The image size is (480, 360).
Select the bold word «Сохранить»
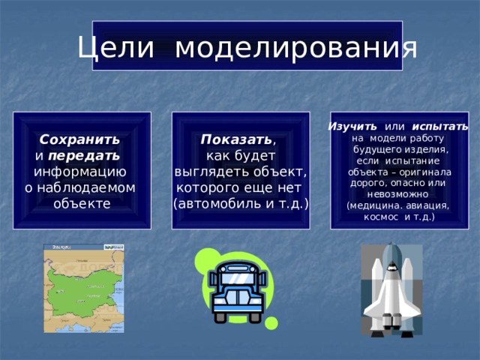point(79,140)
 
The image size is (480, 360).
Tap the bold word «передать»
point(83,156)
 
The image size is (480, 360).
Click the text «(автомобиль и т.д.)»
point(241,204)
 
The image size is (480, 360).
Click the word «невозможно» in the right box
point(398,193)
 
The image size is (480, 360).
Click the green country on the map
point(80,288)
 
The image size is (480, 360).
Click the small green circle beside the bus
point(271,323)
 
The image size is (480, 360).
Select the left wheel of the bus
point(220,316)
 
